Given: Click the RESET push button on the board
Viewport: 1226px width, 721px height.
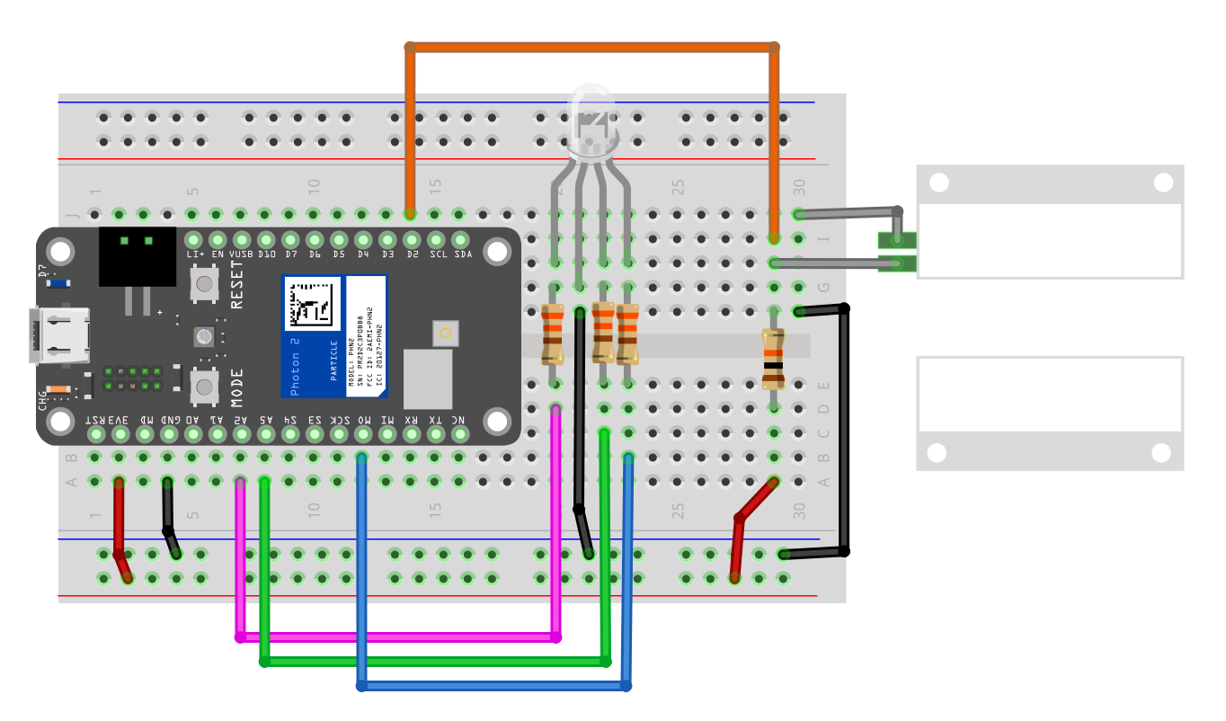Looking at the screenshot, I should (x=204, y=285).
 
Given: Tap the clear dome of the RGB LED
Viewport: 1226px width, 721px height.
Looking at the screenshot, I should (x=591, y=117).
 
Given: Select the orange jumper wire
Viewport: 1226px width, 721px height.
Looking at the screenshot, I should (x=593, y=46).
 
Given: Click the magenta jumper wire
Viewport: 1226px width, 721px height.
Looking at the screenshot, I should (x=395, y=637).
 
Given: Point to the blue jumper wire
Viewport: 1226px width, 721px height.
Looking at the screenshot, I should (x=494, y=686).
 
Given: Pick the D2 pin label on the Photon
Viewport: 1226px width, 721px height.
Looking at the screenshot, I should (x=412, y=254).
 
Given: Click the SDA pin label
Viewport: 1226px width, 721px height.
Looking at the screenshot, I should (x=462, y=254).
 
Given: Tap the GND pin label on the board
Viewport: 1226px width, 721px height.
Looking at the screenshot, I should (x=168, y=420).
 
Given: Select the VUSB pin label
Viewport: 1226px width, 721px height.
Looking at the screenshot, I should (x=240, y=254).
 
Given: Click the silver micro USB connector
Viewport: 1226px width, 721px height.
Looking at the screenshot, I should (x=58, y=336).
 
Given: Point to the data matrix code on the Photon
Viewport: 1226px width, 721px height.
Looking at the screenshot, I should (x=312, y=303).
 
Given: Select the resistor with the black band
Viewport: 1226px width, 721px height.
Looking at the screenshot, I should (x=773, y=358).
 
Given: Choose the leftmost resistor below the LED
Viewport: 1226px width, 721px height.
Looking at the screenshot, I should (x=553, y=334).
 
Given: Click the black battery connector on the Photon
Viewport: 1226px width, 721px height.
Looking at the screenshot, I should (x=137, y=256).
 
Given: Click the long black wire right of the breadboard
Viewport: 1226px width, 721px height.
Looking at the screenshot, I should (x=844, y=432).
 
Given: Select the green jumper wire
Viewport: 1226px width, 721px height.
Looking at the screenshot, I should (x=431, y=662).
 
